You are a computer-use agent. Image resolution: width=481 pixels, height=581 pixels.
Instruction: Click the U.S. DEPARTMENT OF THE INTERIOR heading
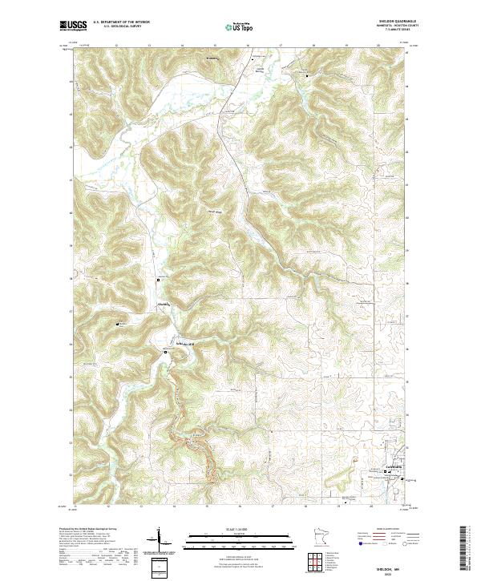pos(121,22)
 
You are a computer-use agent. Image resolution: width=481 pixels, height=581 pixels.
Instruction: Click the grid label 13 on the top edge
pos(150,45)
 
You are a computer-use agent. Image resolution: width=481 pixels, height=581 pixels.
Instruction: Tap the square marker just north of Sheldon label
pos(158,280)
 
